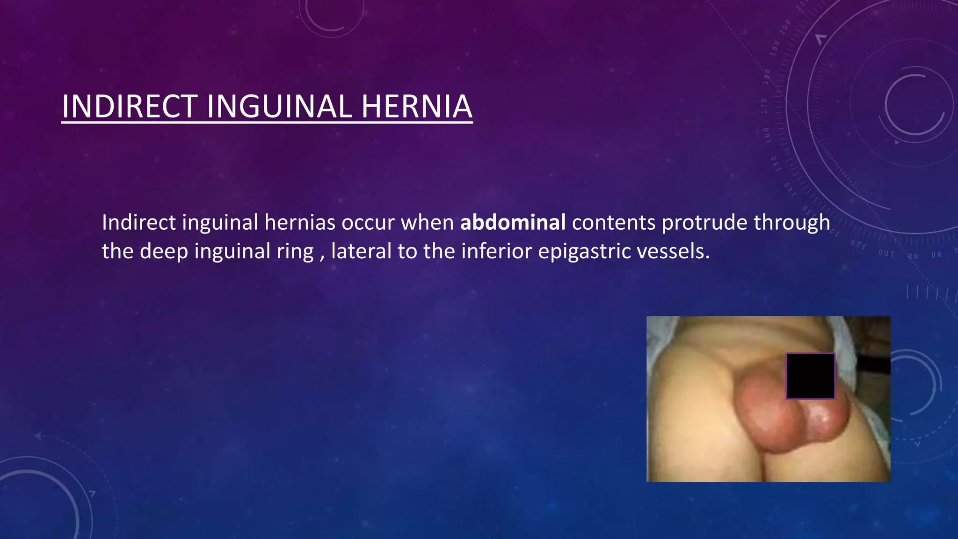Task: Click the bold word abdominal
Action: click(513, 222)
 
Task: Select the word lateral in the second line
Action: click(361, 251)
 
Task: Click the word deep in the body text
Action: click(164, 252)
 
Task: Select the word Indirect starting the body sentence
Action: click(138, 222)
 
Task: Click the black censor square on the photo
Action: click(810, 376)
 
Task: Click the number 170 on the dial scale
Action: click(764, 106)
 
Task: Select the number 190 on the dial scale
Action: click(776, 48)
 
